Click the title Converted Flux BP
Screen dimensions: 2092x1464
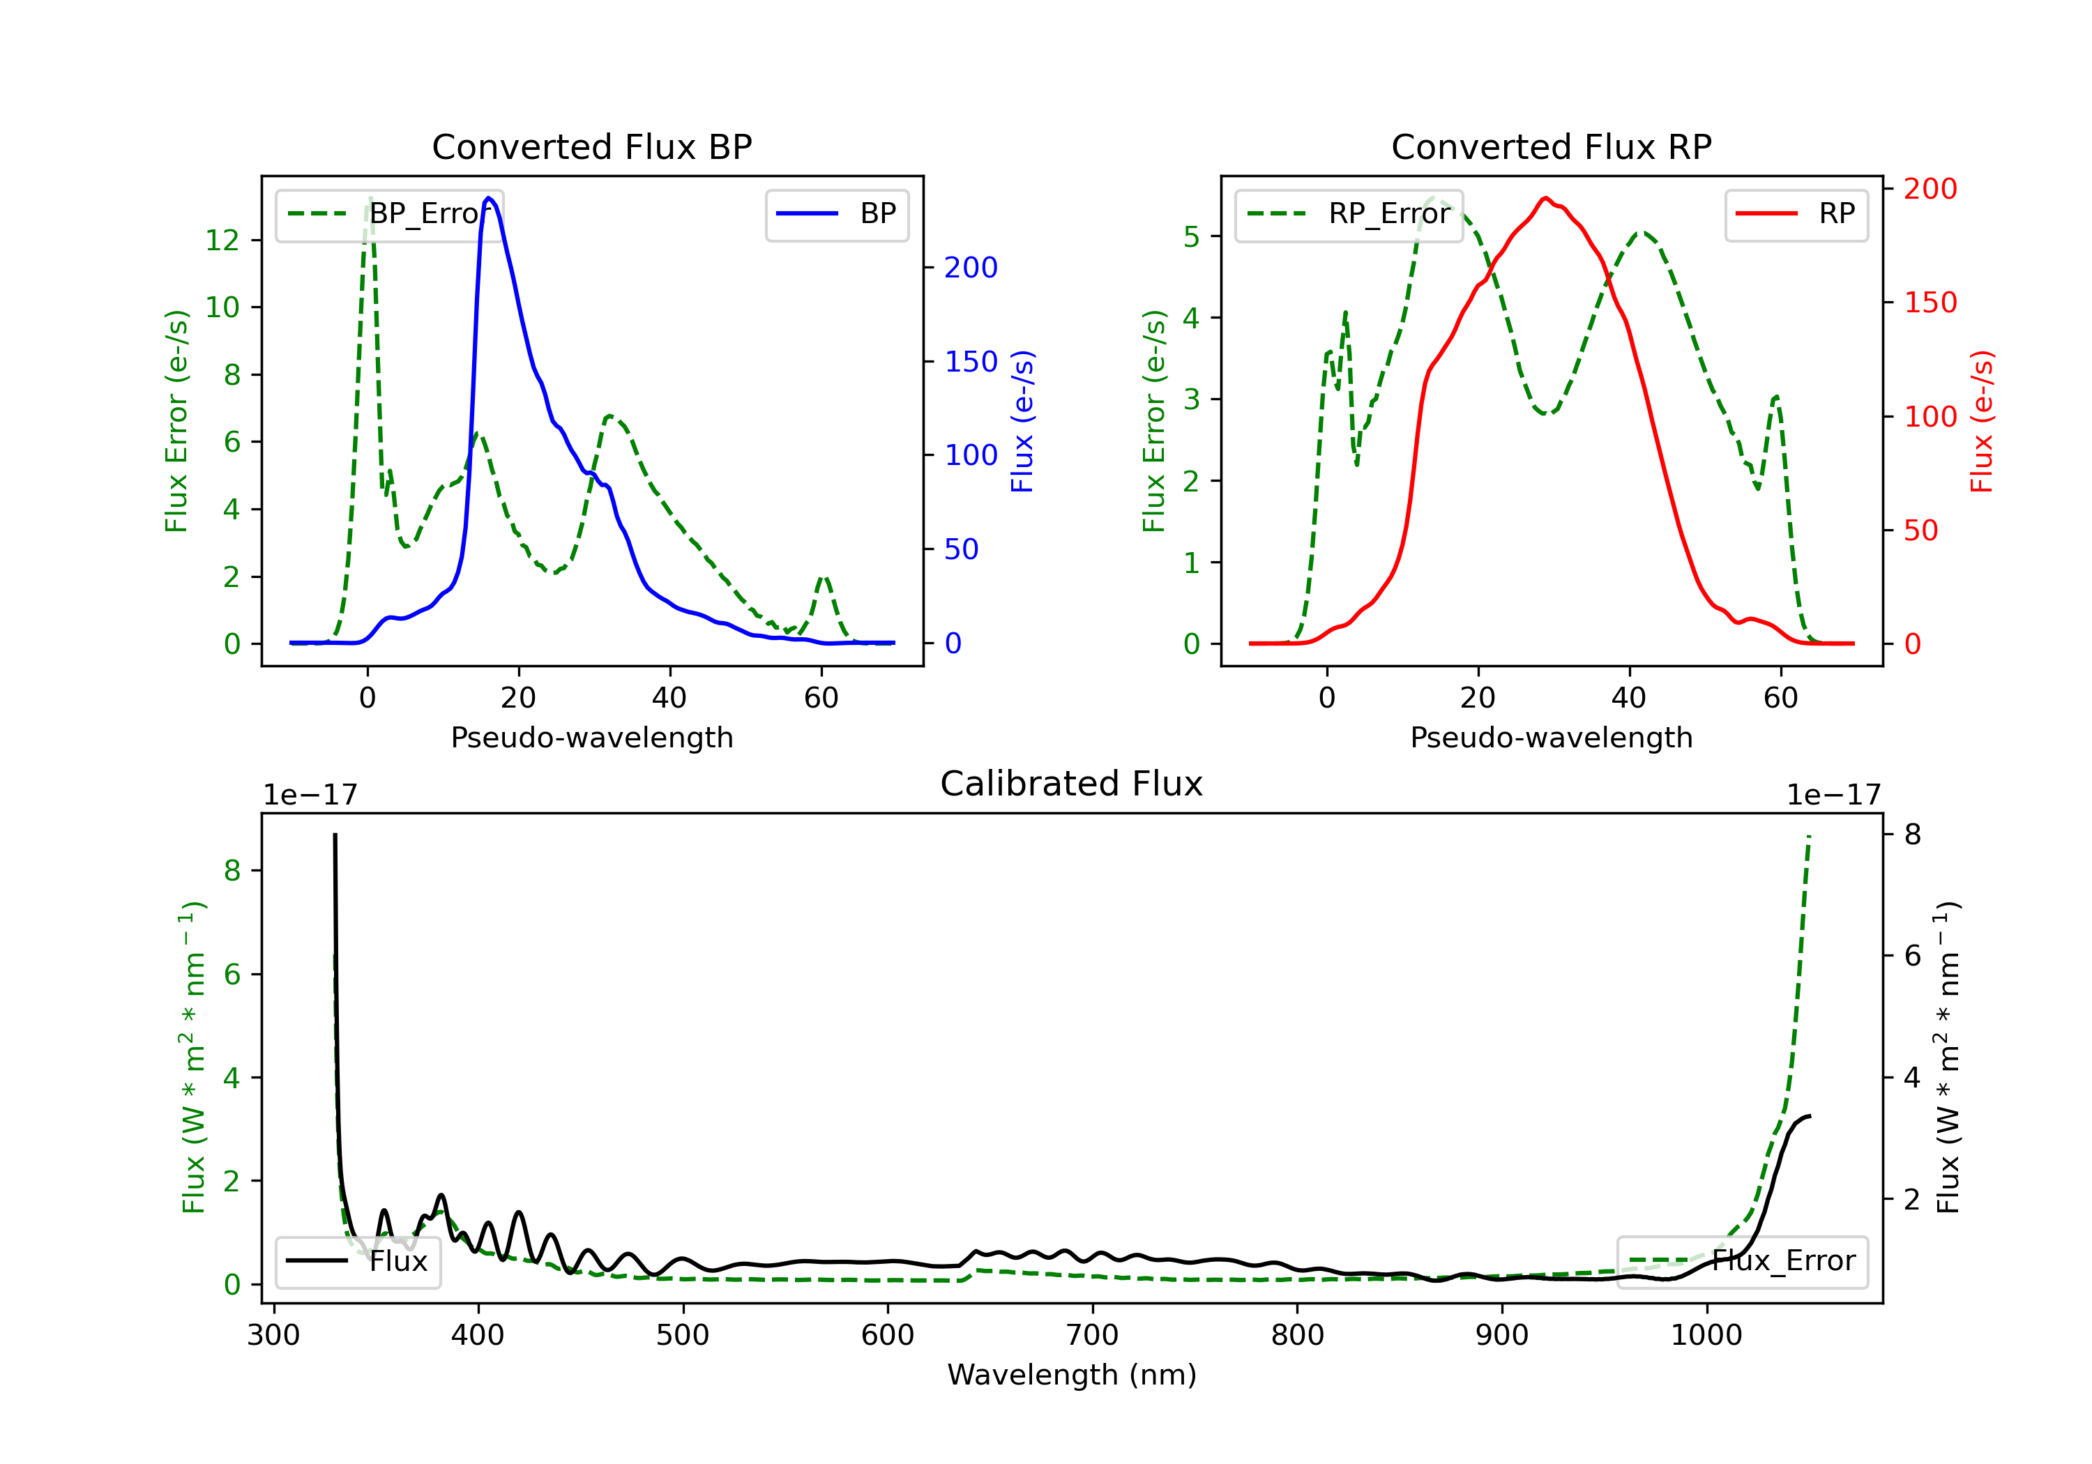(x=591, y=146)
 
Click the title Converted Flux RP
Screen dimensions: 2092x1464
(x=1551, y=146)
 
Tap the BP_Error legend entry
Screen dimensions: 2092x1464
(x=389, y=214)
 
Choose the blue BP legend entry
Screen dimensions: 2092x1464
(x=836, y=214)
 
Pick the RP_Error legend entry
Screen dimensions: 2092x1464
(x=1349, y=214)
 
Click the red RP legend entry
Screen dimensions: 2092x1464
(x=1796, y=214)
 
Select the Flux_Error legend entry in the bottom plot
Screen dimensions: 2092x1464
(x=1741, y=1261)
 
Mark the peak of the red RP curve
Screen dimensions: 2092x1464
(x=1545, y=198)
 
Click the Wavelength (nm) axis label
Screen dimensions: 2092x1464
(x=1072, y=1375)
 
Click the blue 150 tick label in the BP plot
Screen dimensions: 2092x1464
(x=971, y=362)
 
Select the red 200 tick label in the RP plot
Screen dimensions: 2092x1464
(x=1930, y=189)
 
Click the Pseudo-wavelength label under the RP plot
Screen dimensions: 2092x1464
(x=1551, y=737)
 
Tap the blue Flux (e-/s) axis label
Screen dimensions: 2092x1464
(x=1022, y=421)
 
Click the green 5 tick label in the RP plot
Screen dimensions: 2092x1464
(x=1191, y=237)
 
